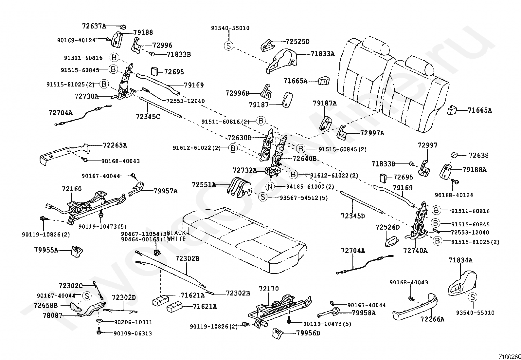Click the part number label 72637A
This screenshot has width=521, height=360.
pos(94,26)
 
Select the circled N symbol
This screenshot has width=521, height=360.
pos(270,187)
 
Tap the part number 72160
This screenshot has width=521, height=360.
pos(72,189)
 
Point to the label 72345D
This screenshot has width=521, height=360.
pos(353,216)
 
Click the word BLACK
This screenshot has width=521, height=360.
pos(176,233)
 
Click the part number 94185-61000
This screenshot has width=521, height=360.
pos(306,187)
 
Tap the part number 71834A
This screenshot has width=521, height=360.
pos(460,260)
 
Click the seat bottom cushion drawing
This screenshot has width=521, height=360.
pos(242,239)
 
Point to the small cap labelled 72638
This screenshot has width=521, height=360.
pos(455,155)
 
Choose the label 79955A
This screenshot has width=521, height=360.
pos(46,250)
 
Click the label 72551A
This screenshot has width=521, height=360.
pos(204,185)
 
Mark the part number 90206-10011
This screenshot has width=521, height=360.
pos(133,322)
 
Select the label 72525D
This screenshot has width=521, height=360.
pos(297,42)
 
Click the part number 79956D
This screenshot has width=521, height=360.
pos(308,333)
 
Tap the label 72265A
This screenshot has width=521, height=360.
pos(115,145)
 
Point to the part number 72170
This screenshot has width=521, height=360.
pos(269,289)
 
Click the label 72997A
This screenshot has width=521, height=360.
pos(372,133)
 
